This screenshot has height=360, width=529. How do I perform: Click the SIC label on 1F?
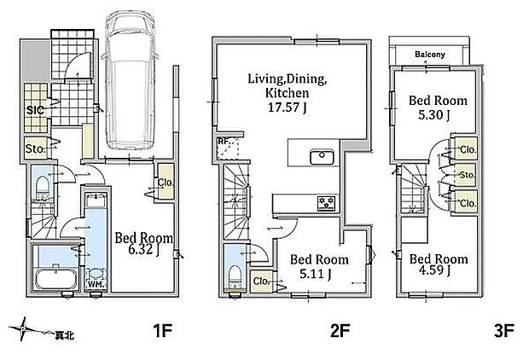[x=35, y=110]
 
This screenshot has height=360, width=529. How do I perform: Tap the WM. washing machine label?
[x=96, y=284]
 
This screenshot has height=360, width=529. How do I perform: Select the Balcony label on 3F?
[x=430, y=55]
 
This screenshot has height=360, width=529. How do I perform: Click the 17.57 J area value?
[x=287, y=107]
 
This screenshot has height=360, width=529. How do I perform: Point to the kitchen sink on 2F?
[x=322, y=157]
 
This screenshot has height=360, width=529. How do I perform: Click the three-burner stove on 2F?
[x=327, y=203]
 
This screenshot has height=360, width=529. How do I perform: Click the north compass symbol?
[x=24, y=328]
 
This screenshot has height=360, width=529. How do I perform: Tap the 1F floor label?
[x=163, y=330]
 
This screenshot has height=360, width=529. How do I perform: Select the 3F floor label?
[x=503, y=330]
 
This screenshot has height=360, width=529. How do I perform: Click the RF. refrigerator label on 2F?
[x=224, y=141]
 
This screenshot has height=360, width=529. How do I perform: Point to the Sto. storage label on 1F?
[x=35, y=148]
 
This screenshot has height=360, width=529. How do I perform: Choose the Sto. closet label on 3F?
[x=468, y=175]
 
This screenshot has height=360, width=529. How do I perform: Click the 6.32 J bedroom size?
[x=144, y=250]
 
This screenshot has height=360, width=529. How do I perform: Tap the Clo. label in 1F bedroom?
[x=166, y=183]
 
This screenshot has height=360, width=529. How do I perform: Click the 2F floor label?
[x=340, y=330]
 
